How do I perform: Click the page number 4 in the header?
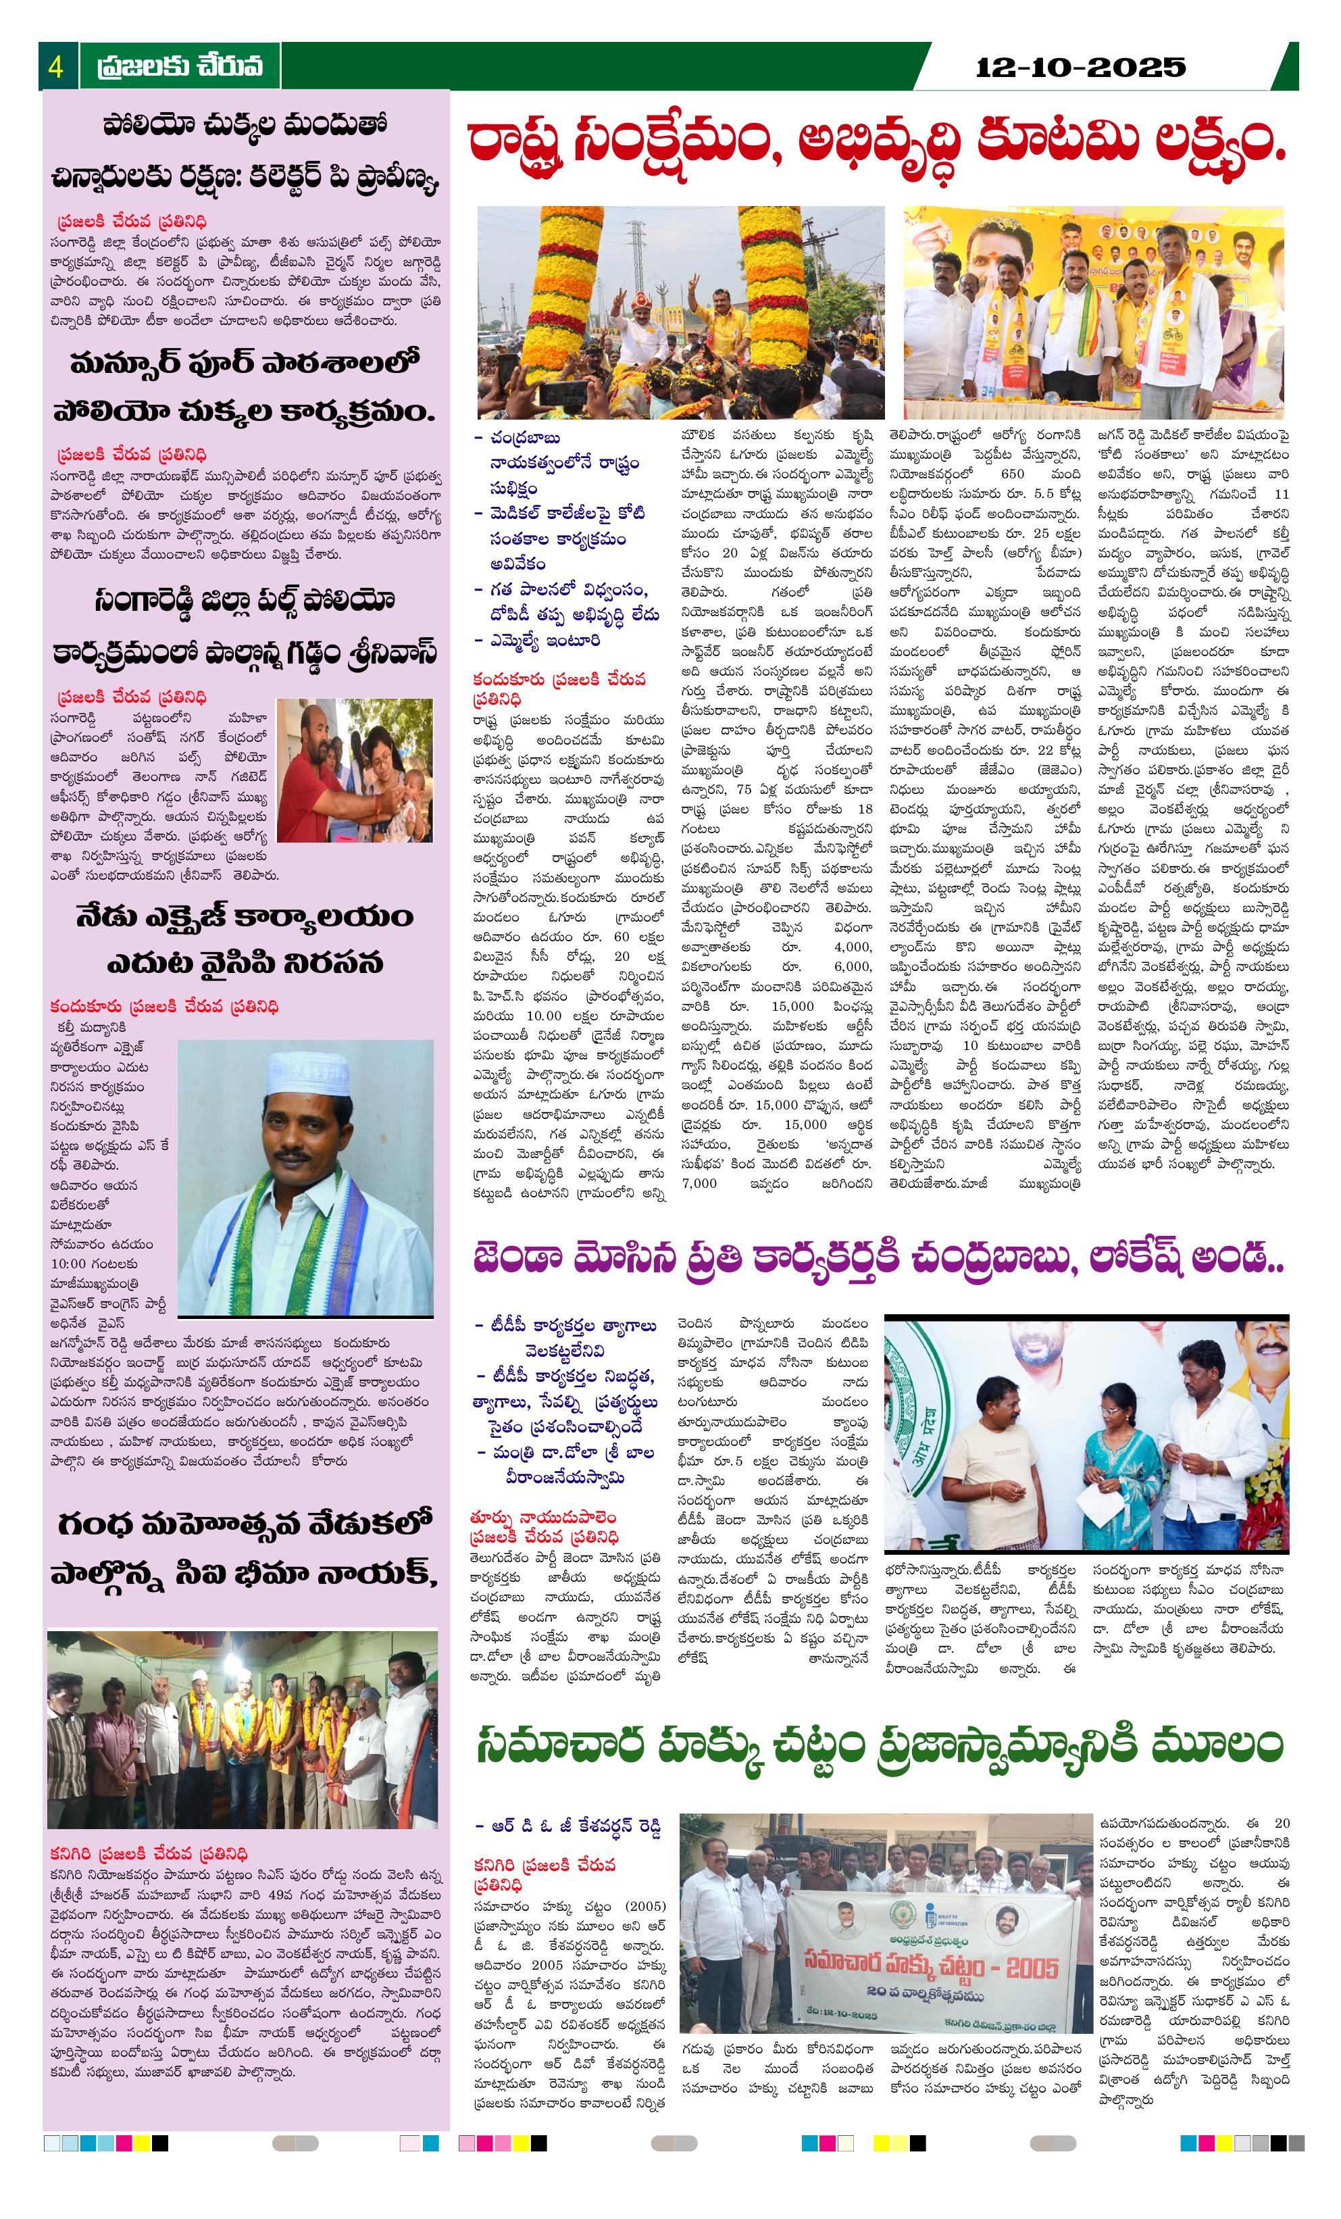[56, 67]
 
